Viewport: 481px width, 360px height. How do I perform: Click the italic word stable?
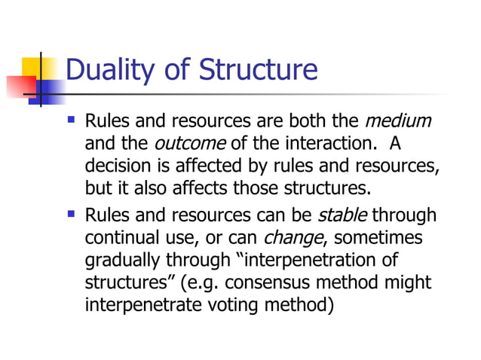tap(342, 216)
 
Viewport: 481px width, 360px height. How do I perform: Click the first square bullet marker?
tap(72, 120)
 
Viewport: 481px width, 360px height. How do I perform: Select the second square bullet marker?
tap(72, 215)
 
